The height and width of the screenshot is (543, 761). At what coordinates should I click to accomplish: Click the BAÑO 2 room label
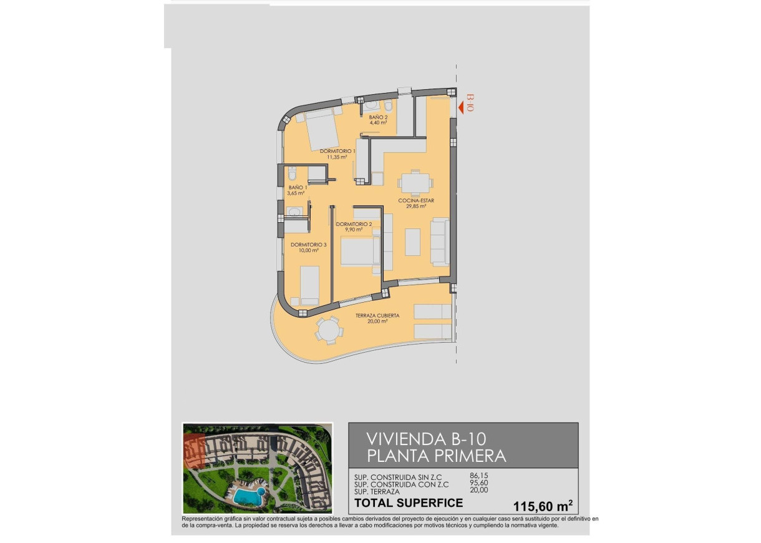click(379, 117)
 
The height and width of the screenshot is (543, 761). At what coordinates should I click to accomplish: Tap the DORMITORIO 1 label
click(337, 151)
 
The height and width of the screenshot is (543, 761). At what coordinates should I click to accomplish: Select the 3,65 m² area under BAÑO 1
click(296, 193)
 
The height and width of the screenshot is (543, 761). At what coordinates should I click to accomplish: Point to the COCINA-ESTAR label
click(417, 200)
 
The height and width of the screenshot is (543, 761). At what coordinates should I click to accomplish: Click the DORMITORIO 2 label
click(354, 224)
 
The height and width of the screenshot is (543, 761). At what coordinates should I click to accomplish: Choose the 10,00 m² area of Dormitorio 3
click(305, 250)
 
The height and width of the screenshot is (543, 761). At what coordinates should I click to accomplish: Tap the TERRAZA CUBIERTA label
click(377, 316)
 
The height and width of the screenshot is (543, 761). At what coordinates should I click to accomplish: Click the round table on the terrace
click(329, 330)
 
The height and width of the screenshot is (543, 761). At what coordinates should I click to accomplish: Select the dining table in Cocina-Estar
click(415, 183)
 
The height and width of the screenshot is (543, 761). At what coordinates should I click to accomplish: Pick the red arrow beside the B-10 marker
click(462, 108)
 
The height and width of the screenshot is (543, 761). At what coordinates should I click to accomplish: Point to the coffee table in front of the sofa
click(412, 242)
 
